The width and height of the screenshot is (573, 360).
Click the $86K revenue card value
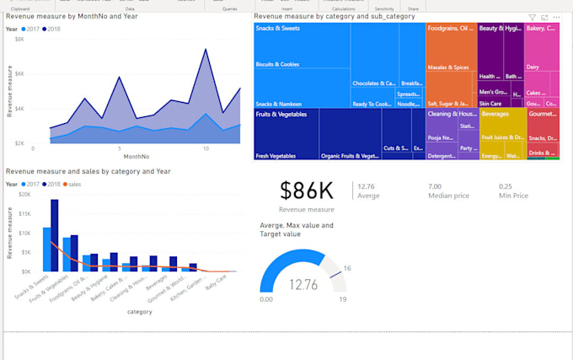(307, 191)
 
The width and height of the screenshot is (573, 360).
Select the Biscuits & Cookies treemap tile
(277, 64)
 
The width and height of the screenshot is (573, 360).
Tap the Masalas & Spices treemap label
(449, 67)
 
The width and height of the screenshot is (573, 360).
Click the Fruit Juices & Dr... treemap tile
(501, 137)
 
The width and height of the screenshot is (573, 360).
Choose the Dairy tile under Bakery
(533, 67)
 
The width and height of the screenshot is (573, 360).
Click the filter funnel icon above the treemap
(532, 17)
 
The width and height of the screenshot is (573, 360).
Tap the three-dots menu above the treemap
(556, 17)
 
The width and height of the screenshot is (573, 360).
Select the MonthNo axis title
(137, 157)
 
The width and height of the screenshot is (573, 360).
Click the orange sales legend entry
(72, 184)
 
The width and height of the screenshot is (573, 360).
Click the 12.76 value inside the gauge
(301, 285)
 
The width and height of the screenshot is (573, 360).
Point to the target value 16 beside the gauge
(346, 268)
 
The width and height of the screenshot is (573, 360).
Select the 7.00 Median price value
(434, 186)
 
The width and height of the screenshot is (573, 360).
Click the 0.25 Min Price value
(505, 186)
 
